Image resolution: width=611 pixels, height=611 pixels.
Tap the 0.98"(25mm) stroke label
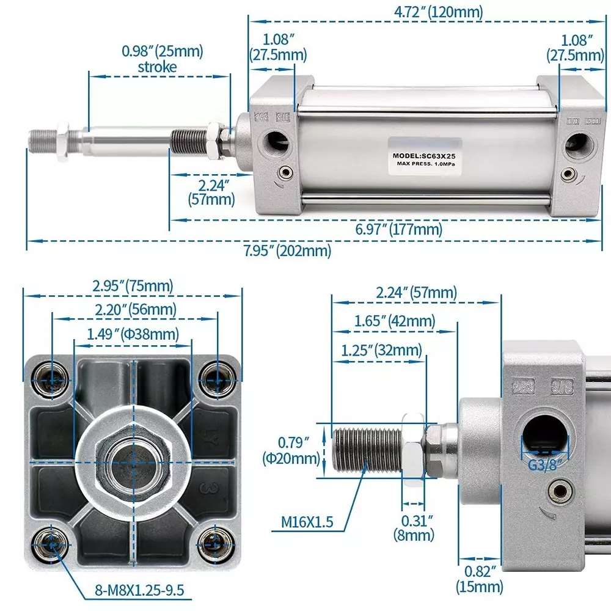(x=162, y=59)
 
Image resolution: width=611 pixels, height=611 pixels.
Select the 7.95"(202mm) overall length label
(x=288, y=251)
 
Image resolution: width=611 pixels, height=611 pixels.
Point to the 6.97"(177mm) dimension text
(x=399, y=229)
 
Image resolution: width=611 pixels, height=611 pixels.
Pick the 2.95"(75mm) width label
(x=133, y=285)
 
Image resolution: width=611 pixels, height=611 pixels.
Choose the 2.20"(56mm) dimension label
(x=136, y=310)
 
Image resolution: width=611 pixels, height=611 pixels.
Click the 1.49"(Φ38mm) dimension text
(x=133, y=334)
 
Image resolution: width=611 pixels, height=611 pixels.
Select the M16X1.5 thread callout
(x=307, y=522)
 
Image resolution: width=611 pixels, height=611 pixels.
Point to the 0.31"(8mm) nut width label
(x=414, y=528)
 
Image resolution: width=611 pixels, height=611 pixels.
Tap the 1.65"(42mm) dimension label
(x=395, y=321)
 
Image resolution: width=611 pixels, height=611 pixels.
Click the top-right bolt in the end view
(x=214, y=377)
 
